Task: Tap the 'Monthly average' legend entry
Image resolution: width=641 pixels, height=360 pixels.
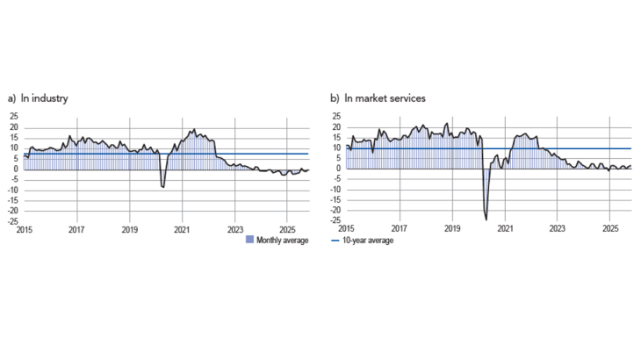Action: pyautogui.click(x=281, y=241)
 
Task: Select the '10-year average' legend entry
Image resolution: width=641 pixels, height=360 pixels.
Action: pyautogui.click(x=368, y=241)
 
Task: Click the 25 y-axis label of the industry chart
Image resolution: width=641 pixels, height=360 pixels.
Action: pyautogui.click(x=12, y=116)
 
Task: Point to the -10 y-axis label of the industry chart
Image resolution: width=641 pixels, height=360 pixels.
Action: pyautogui.click(x=11, y=189)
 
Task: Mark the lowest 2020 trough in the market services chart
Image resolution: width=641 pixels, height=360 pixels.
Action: pyautogui.click(x=486, y=219)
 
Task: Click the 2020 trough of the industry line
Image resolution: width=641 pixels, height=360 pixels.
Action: pyautogui.click(x=163, y=187)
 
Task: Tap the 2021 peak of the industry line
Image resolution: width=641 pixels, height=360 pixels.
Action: pyautogui.click(x=194, y=130)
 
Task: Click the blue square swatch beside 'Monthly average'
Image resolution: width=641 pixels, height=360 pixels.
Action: pyautogui.click(x=250, y=241)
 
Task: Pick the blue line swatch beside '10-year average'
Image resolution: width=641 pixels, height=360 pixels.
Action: pyautogui.click(x=337, y=241)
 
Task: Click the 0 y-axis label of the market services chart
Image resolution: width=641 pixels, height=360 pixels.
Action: pyautogui.click(x=337, y=169)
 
